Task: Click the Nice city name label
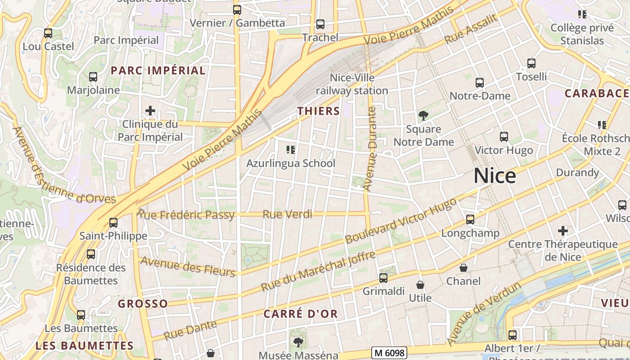[x=495, y=175]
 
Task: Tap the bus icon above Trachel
[x=320, y=24]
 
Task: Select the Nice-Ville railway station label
[x=352, y=84]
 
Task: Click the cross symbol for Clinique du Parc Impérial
[x=150, y=111]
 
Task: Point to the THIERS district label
[x=318, y=111]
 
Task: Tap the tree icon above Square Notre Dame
[x=423, y=116]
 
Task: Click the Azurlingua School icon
[x=290, y=149]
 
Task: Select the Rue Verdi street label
[x=287, y=214]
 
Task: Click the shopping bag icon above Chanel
[x=463, y=268]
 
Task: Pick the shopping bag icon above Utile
[x=420, y=285]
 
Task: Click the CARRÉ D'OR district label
[x=301, y=314]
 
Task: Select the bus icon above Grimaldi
[x=383, y=278]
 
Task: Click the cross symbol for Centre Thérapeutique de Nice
[x=562, y=231]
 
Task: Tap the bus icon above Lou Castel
[x=48, y=33]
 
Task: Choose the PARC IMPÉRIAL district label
[x=158, y=71]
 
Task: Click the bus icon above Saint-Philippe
[x=113, y=223]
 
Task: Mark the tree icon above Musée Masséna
[x=298, y=343]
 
